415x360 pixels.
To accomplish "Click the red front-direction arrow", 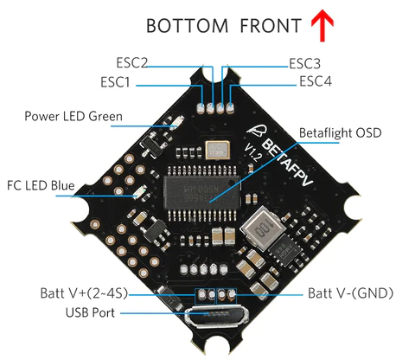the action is pyautogui.click(x=322, y=25).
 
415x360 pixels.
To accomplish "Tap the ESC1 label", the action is pyautogui.click(x=115, y=82).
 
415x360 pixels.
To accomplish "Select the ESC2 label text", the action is pyautogui.click(x=131, y=62).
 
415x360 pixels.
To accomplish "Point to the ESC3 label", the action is pyautogui.click(x=304, y=64).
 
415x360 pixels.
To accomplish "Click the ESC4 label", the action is pyautogui.click(x=316, y=81).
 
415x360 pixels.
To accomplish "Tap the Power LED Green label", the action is pyautogui.click(x=73, y=116).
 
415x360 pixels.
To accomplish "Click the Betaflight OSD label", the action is pyautogui.click(x=340, y=133).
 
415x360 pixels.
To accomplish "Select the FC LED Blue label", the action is pyautogui.click(x=41, y=185).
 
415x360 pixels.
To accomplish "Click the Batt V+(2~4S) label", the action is pyautogui.click(x=84, y=293).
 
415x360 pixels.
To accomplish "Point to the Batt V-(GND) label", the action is pyautogui.click(x=350, y=293).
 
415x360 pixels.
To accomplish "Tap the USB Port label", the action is pyautogui.click(x=90, y=312).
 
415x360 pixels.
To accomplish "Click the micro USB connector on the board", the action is pyautogui.click(x=216, y=316).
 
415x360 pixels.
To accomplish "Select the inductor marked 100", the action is pyautogui.click(x=263, y=228).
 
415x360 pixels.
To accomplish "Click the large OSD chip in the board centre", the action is pyautogui.click(x=202, y=192).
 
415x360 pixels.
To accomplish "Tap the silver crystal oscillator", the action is pyautogui.click(x=218, y=151).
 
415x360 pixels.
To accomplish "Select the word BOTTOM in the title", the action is pyautogui.click(x=187, y=25).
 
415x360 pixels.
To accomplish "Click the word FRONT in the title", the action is pyautogui.click(x=271, y=25).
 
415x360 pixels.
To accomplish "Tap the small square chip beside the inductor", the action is pyautogui.click(x=285, y=250).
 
